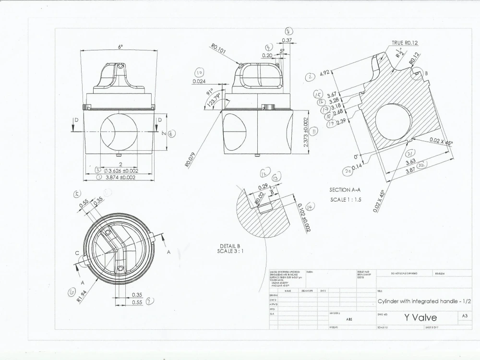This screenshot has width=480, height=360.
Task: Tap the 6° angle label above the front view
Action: pos(120,47)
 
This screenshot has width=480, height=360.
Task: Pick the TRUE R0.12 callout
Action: pos(405,43)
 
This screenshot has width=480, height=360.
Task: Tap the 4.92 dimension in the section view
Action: pos(325,73)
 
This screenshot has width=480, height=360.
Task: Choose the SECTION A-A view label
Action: pos(346,190)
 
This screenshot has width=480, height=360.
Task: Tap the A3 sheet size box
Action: pos(464,316)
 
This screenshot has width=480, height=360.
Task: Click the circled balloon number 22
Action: pos(422,165)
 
